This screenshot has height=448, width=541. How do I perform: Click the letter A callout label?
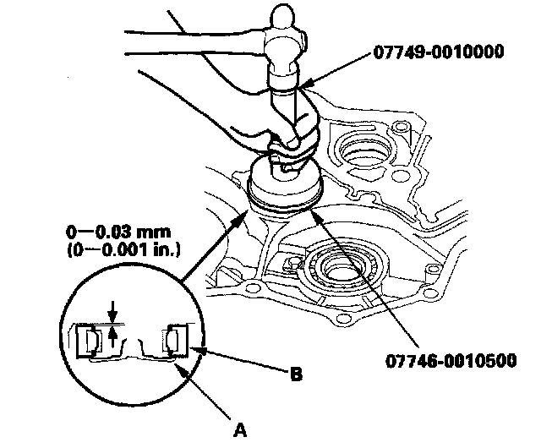[240, 429]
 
